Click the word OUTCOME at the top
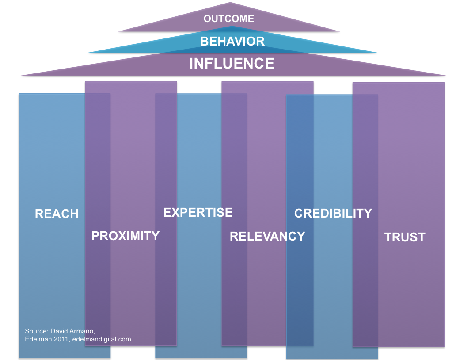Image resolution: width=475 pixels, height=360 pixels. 229,19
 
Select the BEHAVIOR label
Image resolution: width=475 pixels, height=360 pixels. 232,42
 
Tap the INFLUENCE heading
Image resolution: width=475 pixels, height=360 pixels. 232,64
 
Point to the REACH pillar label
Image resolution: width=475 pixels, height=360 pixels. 57,214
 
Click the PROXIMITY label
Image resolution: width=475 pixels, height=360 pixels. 125,236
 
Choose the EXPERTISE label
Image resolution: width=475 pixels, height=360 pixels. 198,213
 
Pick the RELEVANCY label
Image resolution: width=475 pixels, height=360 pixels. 267,237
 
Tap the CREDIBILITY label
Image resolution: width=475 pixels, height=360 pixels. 333,214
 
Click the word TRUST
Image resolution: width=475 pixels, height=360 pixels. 405,237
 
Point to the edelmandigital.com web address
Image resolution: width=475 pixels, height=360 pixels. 102,339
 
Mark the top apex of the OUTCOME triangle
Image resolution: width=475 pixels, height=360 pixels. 230,2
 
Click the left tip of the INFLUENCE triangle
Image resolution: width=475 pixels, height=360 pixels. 22,75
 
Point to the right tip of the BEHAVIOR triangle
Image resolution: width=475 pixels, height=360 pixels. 376,53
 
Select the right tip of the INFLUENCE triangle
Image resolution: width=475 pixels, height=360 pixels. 445,75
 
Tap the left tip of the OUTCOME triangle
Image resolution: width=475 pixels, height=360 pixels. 119,31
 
